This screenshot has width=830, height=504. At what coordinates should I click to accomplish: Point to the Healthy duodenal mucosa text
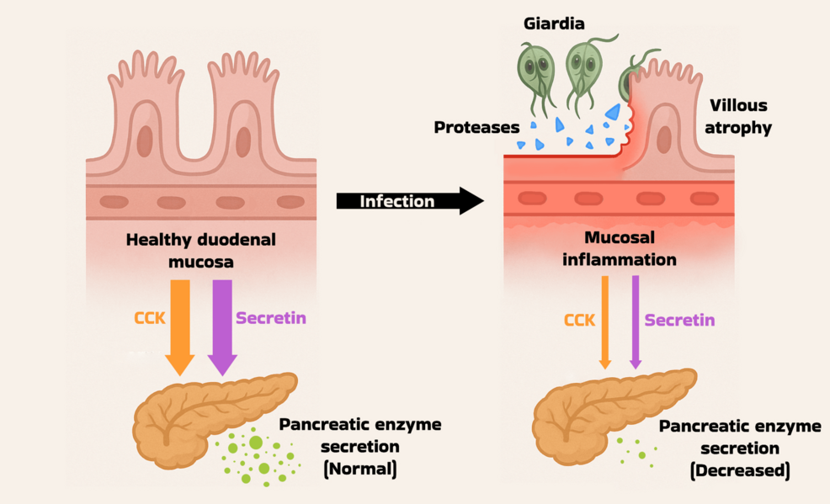(x=200, y=250)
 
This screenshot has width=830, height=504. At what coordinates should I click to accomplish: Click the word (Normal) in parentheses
(x=359, y=469)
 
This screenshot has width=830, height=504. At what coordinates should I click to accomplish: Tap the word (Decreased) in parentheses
(x=739, y=471)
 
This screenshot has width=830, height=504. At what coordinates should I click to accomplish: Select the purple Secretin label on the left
(x=270, y=319)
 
